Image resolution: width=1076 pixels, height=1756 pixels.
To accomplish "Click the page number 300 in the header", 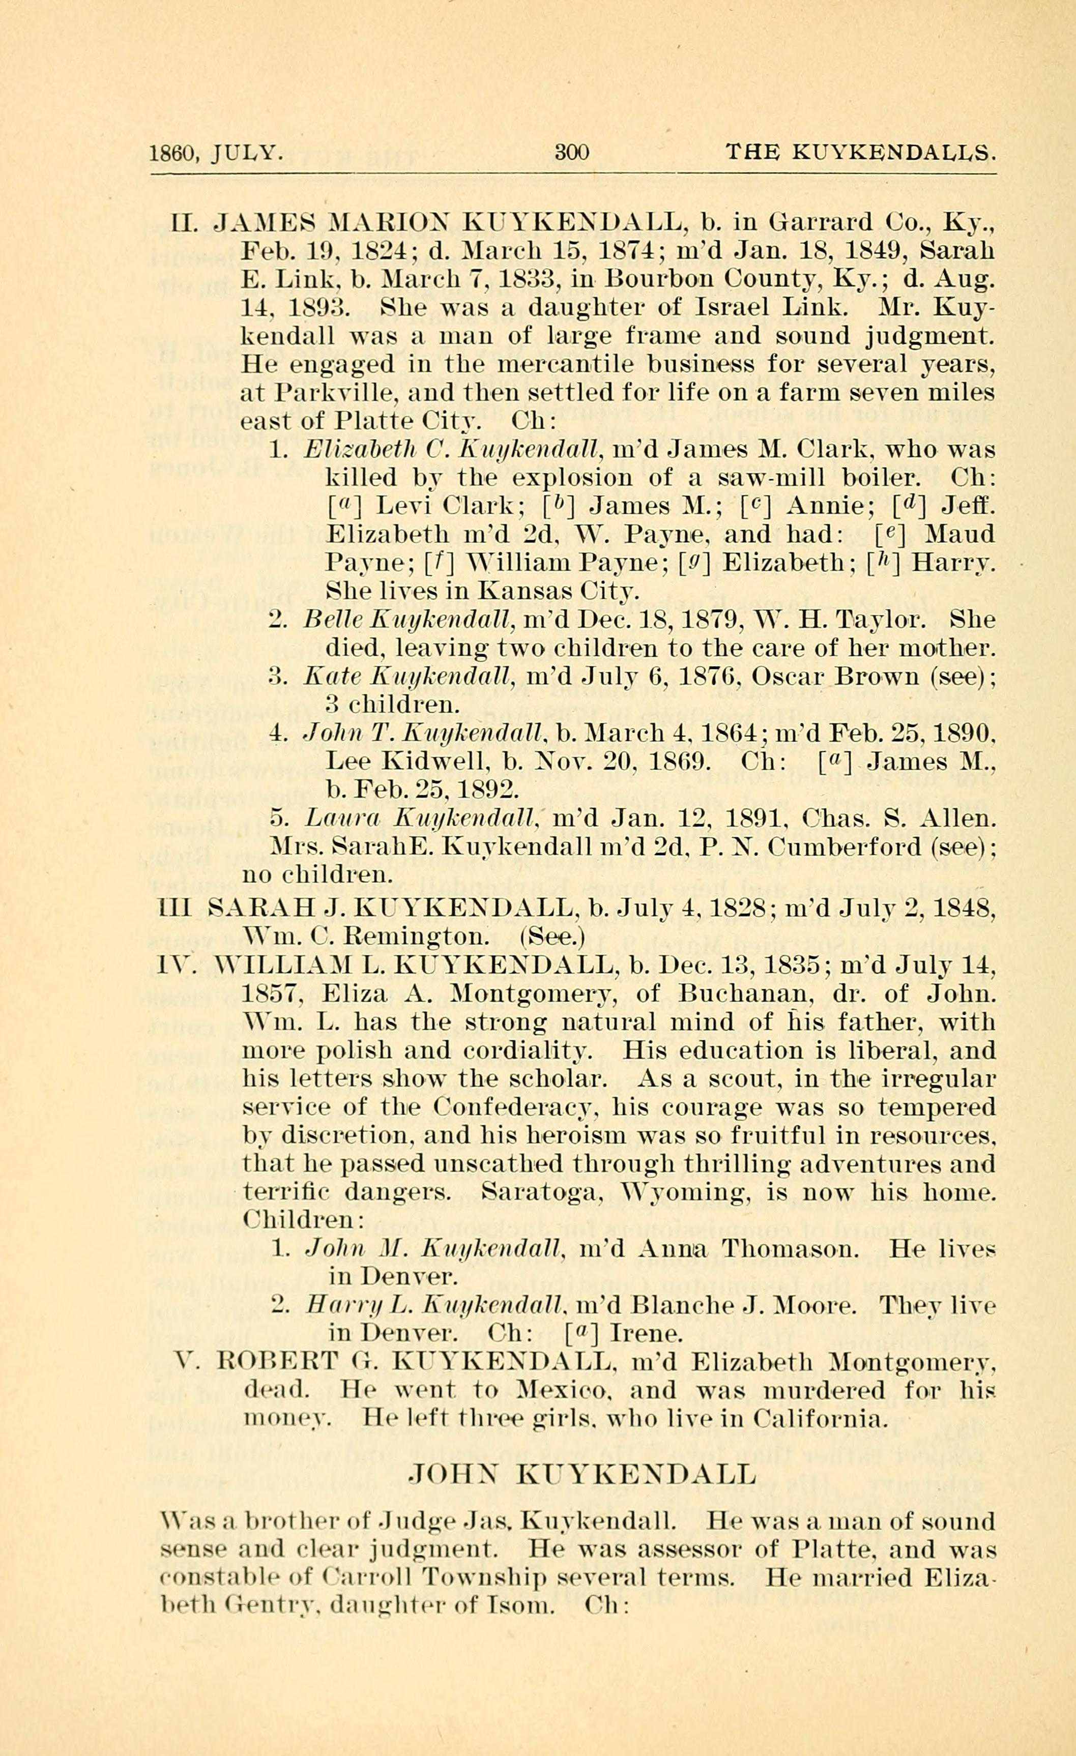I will [x=571, y=152].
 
